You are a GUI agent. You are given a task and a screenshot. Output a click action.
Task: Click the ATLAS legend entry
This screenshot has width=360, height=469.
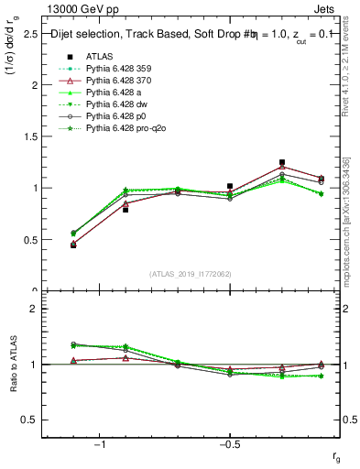[100, 56]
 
